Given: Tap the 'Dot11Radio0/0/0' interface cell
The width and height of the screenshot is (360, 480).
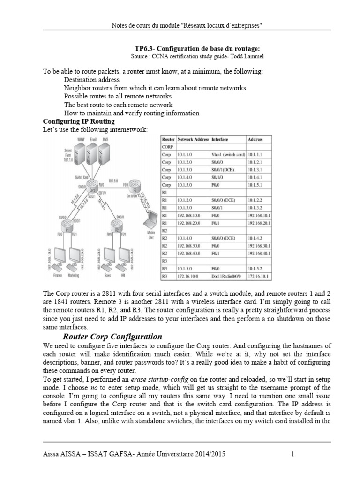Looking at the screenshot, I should point(227,277).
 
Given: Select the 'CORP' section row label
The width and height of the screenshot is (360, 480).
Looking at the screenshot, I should point(167,146).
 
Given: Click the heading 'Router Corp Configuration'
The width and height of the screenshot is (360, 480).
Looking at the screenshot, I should point(112,337).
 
